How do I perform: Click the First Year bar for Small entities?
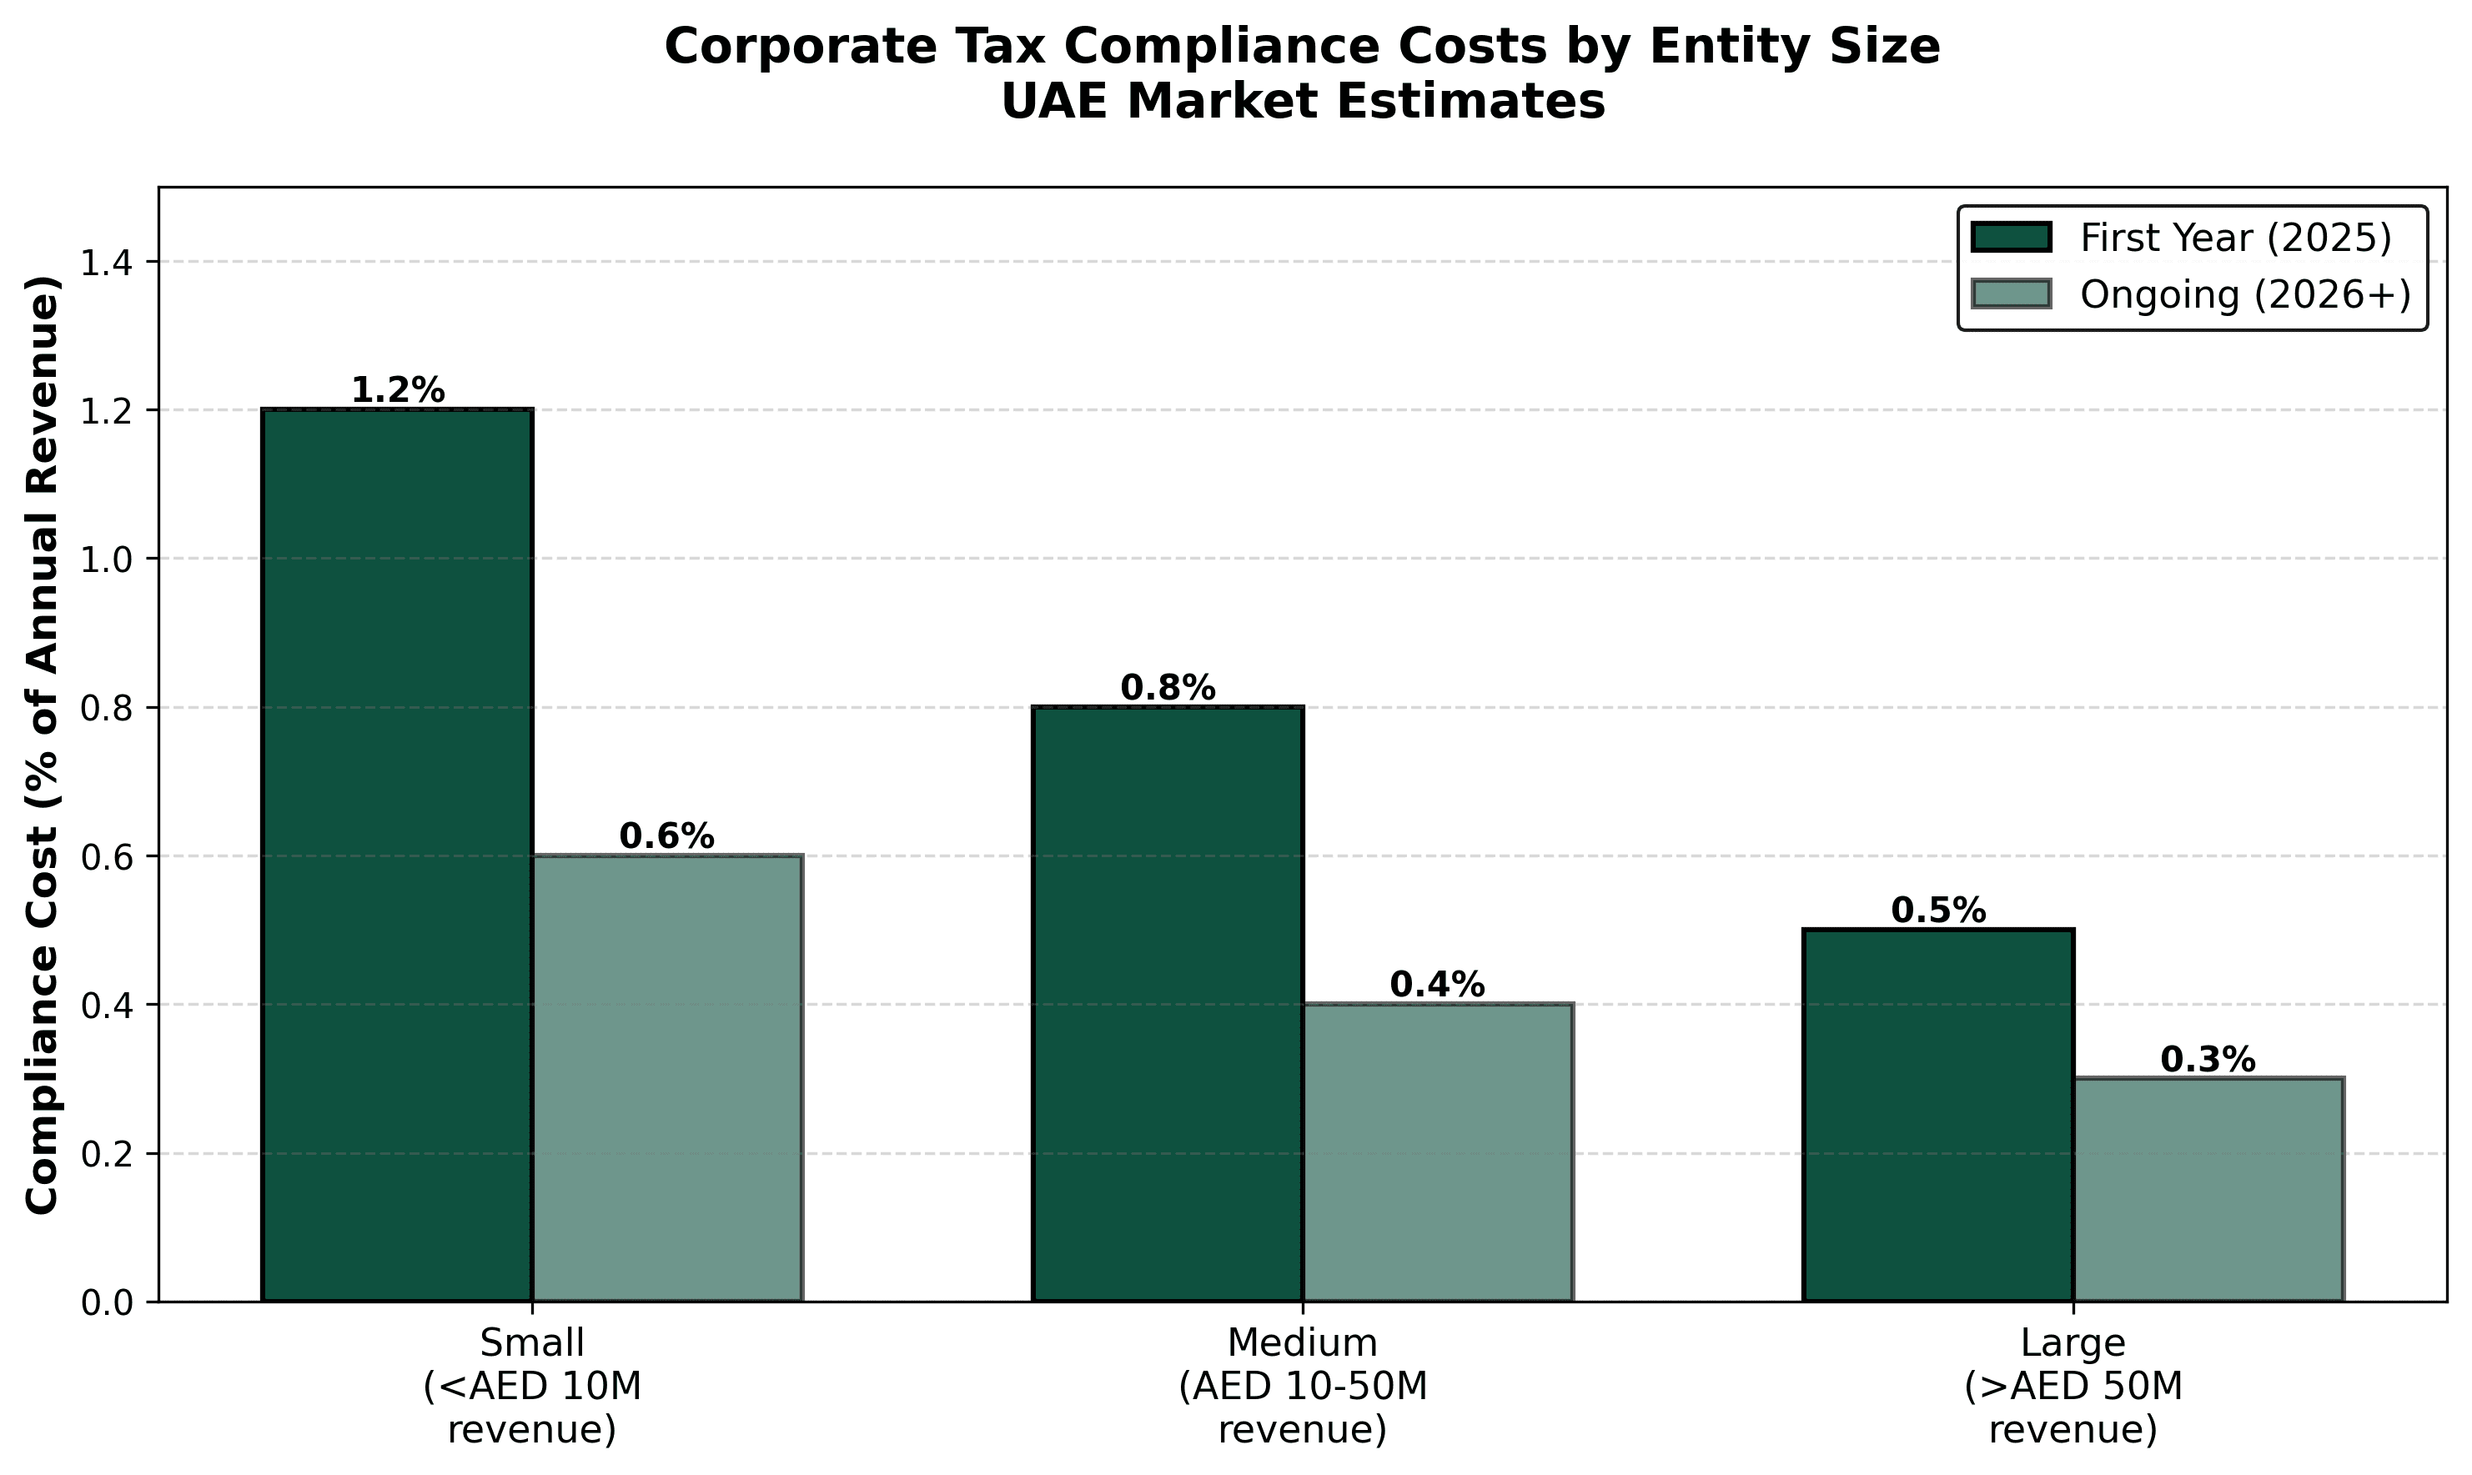pos(397,855)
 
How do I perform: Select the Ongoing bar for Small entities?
pos(667,1077)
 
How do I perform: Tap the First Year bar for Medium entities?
pos(1168,1004)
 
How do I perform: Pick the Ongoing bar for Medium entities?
pos(1437,1152)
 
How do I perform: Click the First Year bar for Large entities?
pos(1938,1115)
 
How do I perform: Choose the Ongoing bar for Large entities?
pos(2208,1190)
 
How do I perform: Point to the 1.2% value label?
pos(398,390)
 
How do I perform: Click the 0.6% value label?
pos(666,837)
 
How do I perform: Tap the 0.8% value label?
pos(1168,688)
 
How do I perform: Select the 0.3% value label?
pos(2208,1061)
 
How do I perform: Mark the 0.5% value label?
pos(1938,911)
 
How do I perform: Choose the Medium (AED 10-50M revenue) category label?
pos(1302,1386)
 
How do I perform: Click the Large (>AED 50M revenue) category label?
pos(2073,1386)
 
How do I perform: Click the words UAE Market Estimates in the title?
pos(1302,103)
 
